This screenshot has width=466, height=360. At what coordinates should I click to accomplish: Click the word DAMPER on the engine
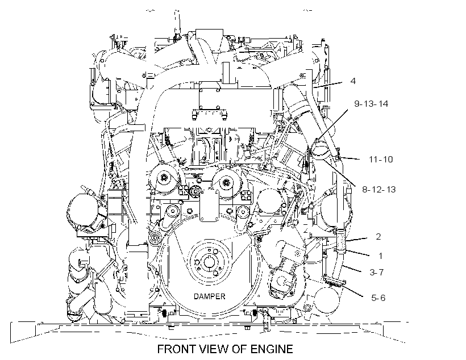point(209,296)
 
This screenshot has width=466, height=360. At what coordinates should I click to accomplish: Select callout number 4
point(353,81)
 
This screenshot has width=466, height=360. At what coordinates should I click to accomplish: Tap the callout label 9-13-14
point(371,104)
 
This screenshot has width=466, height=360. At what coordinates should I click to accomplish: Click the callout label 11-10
point(381,159)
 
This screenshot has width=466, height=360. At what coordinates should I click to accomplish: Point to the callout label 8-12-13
point(379,189)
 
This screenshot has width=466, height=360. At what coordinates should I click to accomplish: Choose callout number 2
point(378,236)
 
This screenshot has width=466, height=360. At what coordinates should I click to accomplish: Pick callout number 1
point(380,256)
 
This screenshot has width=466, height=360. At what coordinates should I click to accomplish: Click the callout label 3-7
point(377,272)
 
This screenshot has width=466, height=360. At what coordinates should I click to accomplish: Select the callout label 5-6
point(378,298)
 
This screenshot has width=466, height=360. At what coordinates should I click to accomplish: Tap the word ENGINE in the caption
point(272,349)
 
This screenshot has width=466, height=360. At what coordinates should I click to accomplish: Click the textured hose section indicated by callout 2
point(340,240)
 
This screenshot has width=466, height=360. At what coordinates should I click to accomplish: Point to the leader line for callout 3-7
point(351,269)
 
